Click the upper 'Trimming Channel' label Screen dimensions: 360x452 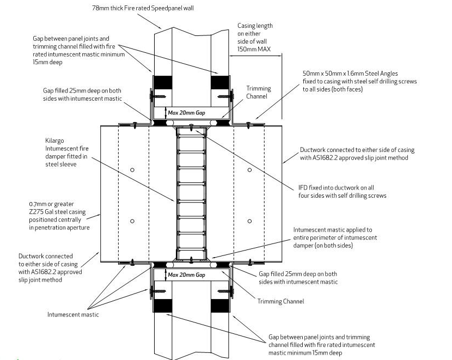click(x=259, y=92)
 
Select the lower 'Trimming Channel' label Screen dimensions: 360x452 click(x=280, y=301)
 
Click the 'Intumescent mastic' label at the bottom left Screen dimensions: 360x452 click(x=73, y=314)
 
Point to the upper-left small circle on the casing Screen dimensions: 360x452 click(x=132, y=170)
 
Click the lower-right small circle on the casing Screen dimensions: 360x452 click(x=249, y=221)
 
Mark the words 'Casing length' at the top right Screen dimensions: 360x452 click(x=255, y=26)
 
